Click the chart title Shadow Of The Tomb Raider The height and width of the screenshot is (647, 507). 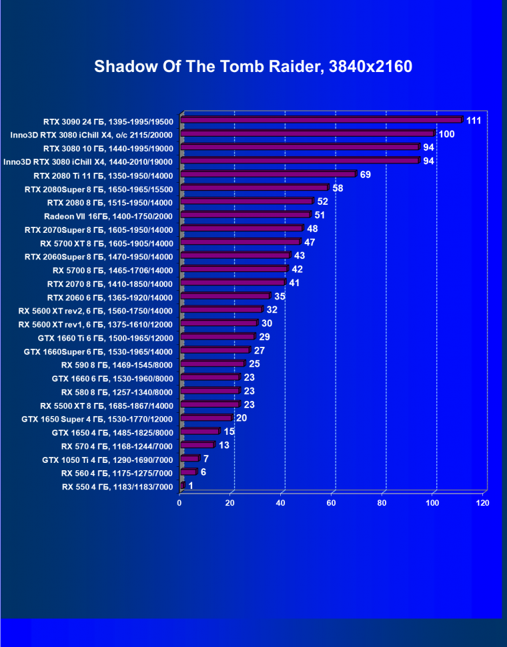pos(253,67)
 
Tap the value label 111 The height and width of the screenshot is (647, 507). pos(474,121)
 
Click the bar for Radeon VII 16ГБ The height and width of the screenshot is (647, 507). pos(245,215)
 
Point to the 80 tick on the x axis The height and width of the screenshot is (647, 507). pos(383,502)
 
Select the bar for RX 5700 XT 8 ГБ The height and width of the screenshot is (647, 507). pos(241,243)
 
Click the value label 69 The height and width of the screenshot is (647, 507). pos(365,175)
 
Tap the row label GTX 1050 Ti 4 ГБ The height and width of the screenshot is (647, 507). pos(107,460)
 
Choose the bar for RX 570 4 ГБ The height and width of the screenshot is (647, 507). pos(197,446)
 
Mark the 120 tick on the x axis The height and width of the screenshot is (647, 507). pos(482,502)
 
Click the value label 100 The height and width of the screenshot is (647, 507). pos(446,135)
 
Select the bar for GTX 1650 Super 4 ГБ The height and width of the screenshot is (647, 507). pos(206,419)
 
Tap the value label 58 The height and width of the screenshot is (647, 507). pos(338,189)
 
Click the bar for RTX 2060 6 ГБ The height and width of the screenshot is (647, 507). pos(225,297)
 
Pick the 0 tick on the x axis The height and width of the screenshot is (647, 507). pos(179,502)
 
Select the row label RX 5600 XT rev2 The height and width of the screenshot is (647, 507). pos(95,311)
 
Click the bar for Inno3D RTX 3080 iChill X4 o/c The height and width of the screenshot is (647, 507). pos(308,134)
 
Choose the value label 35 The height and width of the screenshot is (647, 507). pos(280,296)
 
